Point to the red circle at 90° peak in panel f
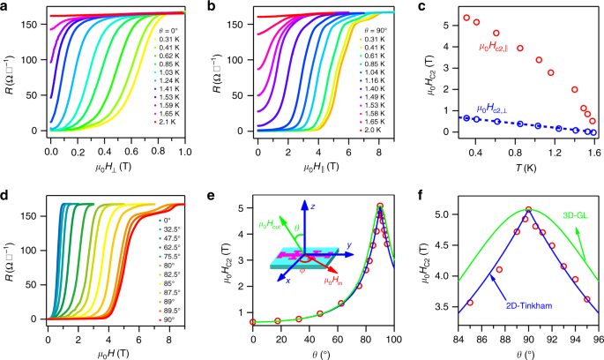click(528, 209)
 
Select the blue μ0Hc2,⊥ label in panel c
click(499, 109)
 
